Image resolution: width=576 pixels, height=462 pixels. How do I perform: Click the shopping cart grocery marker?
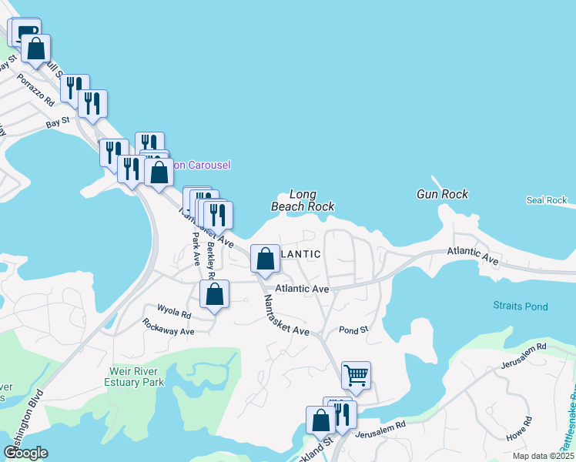[356, 375]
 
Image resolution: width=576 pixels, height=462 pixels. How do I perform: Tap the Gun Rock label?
[442, 194]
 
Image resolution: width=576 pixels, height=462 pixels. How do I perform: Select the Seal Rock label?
[546, 200]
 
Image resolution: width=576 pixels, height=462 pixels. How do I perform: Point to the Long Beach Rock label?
[303, 200]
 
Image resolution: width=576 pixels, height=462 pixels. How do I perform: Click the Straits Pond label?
[521, 306]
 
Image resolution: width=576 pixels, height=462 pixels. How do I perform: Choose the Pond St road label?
[353, 330]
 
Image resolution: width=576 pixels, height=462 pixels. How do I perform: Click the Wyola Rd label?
[174, 313]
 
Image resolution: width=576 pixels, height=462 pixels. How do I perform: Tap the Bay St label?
[57, 122]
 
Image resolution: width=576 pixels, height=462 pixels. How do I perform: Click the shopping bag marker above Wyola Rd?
[214, 293]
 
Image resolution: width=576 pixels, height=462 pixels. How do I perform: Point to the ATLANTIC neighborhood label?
[301, 253]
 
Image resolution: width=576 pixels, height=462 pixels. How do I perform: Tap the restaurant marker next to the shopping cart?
[342, 414]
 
